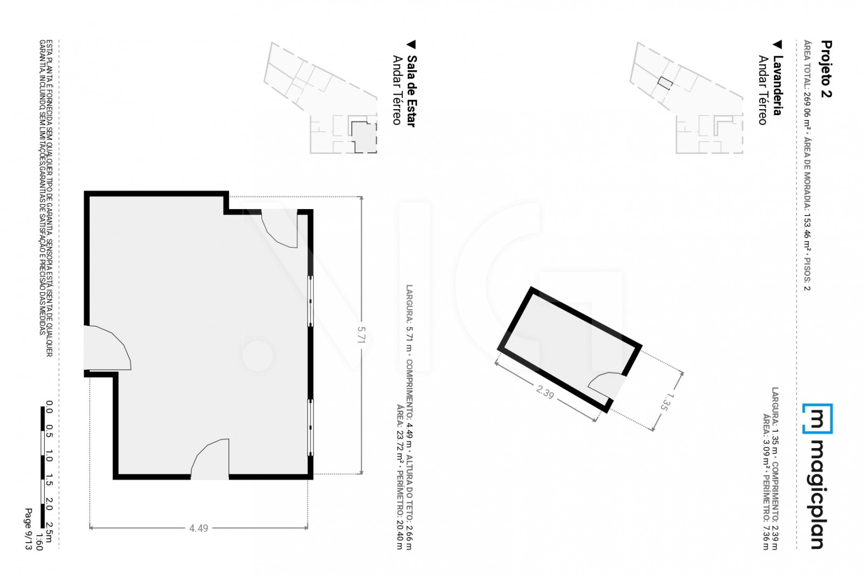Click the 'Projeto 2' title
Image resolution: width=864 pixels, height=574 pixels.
pyautogui.click(x=826, y=69)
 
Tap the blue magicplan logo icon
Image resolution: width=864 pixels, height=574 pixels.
pyautogui.click(x=818, y=418)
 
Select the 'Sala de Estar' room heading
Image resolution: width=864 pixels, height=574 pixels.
pyautogui.click(x=411, y=91)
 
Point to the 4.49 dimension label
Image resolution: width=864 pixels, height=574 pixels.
pyautogui.click(x=199, y=528)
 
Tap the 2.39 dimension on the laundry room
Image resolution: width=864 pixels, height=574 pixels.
pyautogui.click(x=545, y=392)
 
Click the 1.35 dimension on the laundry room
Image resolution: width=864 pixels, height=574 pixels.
pyautogui.click(x=666, y=402)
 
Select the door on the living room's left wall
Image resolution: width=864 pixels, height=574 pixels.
pyautogui.click(x=107, y=348)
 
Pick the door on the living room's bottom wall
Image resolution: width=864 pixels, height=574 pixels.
pyautogui.click(x=210, y=459)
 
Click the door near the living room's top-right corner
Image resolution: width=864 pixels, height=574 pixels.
pyautogui.click(x=279, y=229)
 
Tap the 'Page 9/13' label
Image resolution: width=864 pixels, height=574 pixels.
pyautogui.click(x=29, y=529)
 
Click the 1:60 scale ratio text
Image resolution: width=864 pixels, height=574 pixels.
pyautogui.click(x=38, y=542)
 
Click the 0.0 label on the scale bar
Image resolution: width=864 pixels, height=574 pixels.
pyautogui.click(x=49, y=407)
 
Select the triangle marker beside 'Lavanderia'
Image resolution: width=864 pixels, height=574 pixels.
pyautogui.click(x=778, y=45)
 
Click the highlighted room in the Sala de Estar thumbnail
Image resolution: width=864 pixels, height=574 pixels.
pyautogui.click(x=364, y=137)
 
